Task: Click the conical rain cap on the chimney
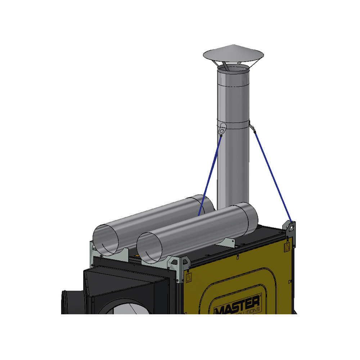pos(233,53)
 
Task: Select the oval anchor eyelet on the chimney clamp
pos(223,127)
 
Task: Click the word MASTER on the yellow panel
pos(238,304)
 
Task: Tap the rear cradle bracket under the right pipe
pos(225,242)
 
